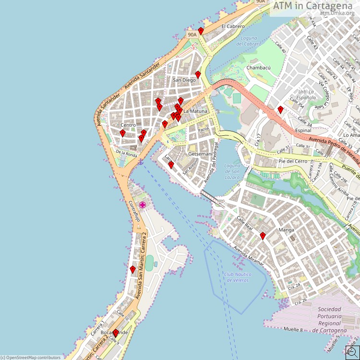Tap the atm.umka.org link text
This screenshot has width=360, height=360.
[x=337, y=13]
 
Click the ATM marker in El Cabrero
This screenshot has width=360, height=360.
[x=201, y=31]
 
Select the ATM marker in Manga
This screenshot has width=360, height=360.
[x=263, y=236]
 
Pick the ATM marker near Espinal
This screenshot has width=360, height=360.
[x=280, y=109]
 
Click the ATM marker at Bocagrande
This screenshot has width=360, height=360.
[x=115, y=333]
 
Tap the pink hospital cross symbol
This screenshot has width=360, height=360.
[x=143, y=205]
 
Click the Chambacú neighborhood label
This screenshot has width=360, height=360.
[x=258, y=68]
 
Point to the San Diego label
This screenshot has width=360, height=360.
[x=184, y=80]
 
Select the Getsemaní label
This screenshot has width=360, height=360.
[x=200, y=154]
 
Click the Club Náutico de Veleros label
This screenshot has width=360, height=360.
[x=237, y=277]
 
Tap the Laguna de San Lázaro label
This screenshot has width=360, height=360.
[x=232, y=171]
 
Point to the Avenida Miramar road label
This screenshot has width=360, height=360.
[x=249, y=256]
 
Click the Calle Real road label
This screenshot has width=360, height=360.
[x=245, y=223]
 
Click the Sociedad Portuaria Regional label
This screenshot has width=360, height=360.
[x=332, y=320]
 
